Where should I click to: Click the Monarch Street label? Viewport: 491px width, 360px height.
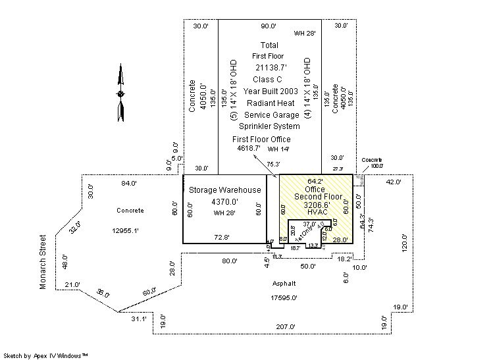click(x=43, y=262)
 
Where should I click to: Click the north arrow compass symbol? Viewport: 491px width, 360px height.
click(x=120, y=93)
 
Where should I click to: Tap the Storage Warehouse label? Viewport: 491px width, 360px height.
click(x=225, y=190)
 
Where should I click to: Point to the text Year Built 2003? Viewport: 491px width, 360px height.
click(x=271, y=91)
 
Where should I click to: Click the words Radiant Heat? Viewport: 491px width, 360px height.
click(x=269, y=103)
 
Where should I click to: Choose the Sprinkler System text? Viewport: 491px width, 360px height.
click(x=269, y=126)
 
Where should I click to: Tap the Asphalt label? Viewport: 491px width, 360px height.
click(x=284, y=284)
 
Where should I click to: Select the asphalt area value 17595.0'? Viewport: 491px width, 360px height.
click(x=284, y=297)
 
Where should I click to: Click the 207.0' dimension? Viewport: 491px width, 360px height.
click(x=286, y=326)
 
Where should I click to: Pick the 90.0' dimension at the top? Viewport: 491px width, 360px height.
click(x=269, y=26)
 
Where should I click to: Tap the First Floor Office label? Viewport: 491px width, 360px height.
click(x=261, y=140)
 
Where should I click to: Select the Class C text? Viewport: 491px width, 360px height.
click(x=268, y=80)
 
